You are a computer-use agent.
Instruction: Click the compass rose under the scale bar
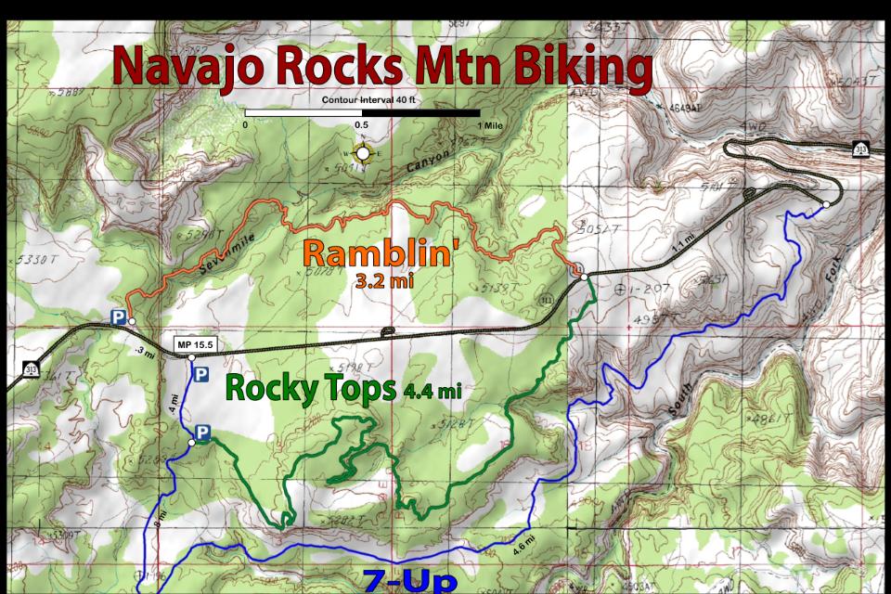pos(363,153)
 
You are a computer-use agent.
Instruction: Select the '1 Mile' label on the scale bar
pos(492,124)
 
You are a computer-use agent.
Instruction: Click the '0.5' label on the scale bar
pos(361,124)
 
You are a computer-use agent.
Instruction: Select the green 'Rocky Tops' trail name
pos(312,388)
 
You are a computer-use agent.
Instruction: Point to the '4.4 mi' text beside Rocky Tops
pos(433,392)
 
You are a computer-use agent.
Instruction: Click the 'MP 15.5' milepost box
pos(196,346)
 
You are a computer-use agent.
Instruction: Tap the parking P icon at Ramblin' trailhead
pos(119,317)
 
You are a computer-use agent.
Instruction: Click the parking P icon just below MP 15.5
pos(201,373)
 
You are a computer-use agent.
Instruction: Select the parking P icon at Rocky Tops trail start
pos(201,433)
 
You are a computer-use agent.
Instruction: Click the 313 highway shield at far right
pos(860,148)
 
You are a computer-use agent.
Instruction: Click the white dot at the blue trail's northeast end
pos(826,204)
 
